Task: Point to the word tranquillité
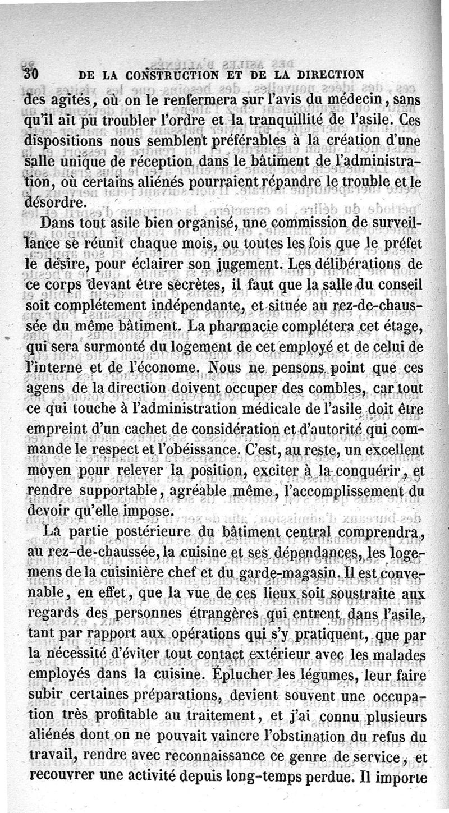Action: click(x=274, y=121)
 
